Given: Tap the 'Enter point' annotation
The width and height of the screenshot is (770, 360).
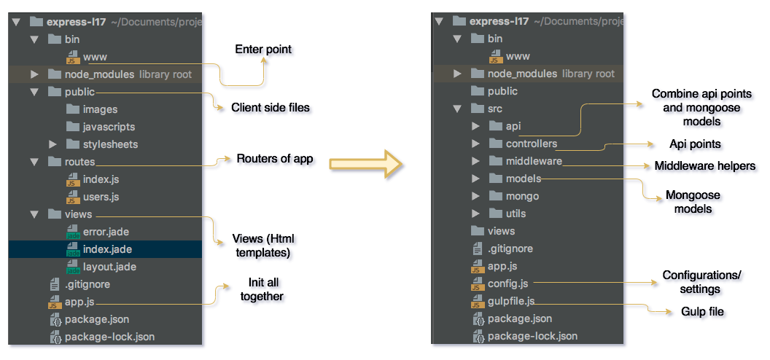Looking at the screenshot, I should (263, 50).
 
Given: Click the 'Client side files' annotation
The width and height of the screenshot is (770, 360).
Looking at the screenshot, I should (271, 108).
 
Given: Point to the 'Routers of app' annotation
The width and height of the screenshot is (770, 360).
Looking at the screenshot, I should (275, 159).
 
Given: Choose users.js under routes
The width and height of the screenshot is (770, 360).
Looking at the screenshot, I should (101, 197).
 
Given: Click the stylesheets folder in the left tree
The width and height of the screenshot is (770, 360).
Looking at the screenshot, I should (110, 144).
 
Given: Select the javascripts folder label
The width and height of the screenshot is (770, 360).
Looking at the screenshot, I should (109, 127).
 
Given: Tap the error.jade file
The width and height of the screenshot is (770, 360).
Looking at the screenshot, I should (105, 232).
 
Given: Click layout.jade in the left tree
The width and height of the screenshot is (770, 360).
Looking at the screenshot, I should (109, 267).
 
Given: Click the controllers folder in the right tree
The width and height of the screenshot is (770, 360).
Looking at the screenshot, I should (531, 144).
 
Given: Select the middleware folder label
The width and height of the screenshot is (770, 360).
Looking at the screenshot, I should (534, 161).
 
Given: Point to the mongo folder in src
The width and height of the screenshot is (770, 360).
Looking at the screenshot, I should (522, 196).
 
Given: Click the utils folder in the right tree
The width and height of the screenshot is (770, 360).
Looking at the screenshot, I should (516, 214).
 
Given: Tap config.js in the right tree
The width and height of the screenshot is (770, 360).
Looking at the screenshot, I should (508, 283).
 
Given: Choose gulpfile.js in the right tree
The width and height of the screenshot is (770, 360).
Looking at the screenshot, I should (511, 301).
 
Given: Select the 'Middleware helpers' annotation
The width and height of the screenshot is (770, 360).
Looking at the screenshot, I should (705, 166).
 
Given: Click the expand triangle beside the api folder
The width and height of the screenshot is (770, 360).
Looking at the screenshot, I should (475, 126).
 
